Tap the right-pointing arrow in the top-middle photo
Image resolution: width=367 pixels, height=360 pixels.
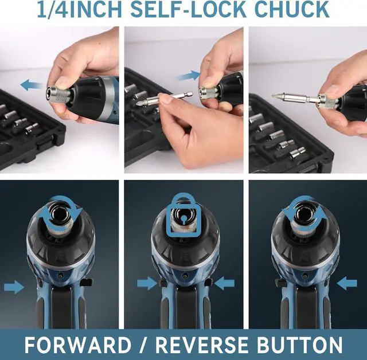click(188, 76)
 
